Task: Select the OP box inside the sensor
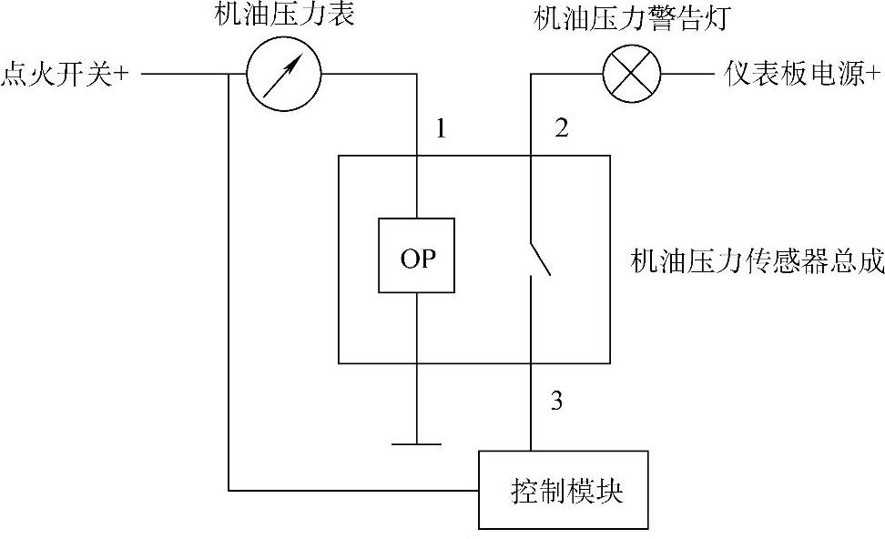[x=417, y=256]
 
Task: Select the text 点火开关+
[x=66, y=74]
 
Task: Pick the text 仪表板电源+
[x=803, y=74]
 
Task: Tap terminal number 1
[x=441, y=128]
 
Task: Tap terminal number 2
[x=561, y=128]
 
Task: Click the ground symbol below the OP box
[x=416, y=443]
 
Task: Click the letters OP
[x=417, y=258]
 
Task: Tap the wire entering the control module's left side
[x=355, y=491]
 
